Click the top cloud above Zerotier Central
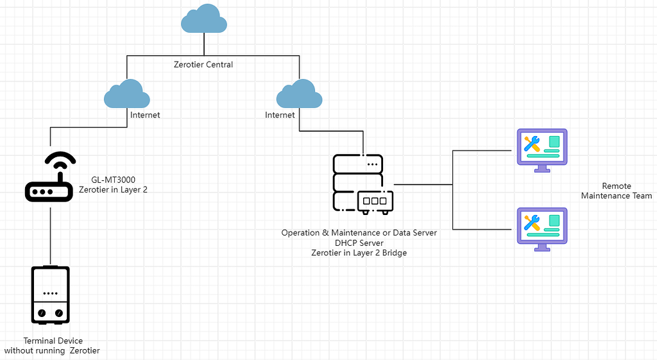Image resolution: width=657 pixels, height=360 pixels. [204, 21]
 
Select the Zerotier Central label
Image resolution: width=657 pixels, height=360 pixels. [203, 65]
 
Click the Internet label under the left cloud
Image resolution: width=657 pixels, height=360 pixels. [145, 116]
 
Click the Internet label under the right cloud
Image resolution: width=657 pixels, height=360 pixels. [280, 116]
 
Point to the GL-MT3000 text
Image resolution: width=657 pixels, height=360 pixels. [113, 180]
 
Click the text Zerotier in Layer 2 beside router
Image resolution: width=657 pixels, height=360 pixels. [113, 190]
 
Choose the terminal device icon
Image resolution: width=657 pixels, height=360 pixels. [51, 295]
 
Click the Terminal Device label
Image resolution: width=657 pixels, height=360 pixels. [53, 341]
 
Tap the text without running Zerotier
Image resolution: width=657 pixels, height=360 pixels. [52, 351]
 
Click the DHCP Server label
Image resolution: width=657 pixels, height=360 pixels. [359, 243]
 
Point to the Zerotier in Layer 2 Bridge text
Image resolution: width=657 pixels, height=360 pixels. [359, 253]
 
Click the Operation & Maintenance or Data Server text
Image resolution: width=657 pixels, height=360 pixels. [359, 233]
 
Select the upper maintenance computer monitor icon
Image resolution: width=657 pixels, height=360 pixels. [542, 150]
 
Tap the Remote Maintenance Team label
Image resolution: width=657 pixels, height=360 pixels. [616, 191]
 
